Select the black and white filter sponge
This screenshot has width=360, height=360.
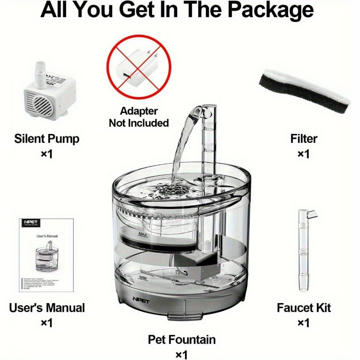tap(304, 89)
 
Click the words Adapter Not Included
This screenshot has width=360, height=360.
tap(139, 117)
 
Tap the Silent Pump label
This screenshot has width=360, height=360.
tap(46, 139)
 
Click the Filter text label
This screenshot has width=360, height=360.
tap(304, 139)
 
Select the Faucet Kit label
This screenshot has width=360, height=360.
tap(303, 308)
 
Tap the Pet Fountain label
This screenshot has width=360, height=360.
tap(182, 339)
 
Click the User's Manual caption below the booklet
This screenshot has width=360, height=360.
tap(46, 308)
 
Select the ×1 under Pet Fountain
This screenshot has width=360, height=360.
tap(182, 355)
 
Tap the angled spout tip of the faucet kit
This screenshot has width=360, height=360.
tap(313, 215)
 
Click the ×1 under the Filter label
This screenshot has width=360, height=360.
tap(304, 154)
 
